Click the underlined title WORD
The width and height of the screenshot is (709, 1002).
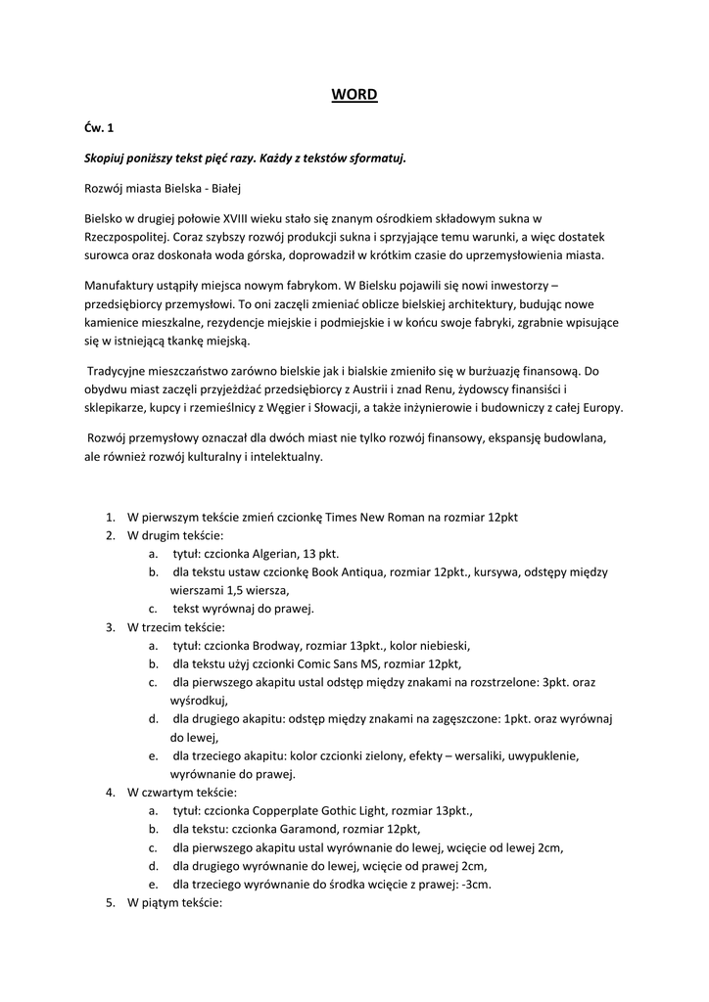tap(354, 95)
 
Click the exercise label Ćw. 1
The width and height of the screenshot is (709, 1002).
tap(98, 128)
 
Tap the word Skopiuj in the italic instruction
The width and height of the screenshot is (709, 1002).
tap(106, 158)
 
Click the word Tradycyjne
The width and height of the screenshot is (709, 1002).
tap(120, 371)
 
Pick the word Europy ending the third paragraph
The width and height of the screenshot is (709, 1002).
tap(602, 408)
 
